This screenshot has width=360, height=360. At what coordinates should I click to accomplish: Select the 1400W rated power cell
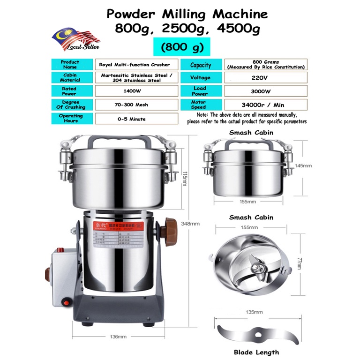pos(136,91)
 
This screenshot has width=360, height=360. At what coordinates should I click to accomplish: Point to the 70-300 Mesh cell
pos(136,105)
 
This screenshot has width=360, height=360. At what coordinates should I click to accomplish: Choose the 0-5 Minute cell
pos(136,119)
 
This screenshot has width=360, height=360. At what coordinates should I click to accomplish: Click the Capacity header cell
pos(201,65)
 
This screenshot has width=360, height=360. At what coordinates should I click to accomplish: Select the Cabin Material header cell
pos(70,77)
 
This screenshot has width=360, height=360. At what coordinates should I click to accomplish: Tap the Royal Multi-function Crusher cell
pos(136,65)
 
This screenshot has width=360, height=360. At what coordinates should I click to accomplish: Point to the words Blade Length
pos(257,352)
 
